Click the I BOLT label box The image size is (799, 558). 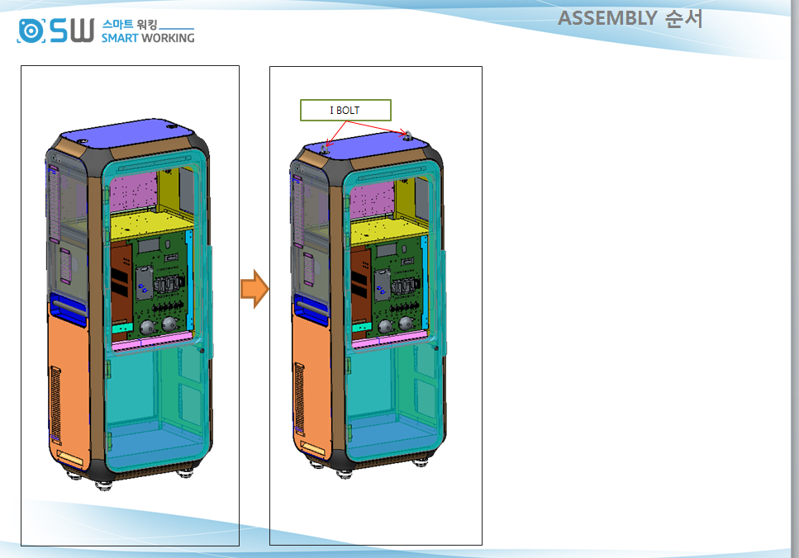pos(345,110)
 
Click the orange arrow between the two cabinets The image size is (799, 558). pos(254,289)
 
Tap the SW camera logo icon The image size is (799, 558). pos(31,31)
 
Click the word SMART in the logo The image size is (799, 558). pos(120,38)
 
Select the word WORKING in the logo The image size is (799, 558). pos(168,38)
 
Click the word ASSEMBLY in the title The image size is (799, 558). pos(607,18)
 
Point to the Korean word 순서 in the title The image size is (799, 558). pos(684,18)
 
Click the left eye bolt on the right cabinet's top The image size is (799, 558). pos(324,149)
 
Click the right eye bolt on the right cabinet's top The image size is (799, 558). pos(407,135)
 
